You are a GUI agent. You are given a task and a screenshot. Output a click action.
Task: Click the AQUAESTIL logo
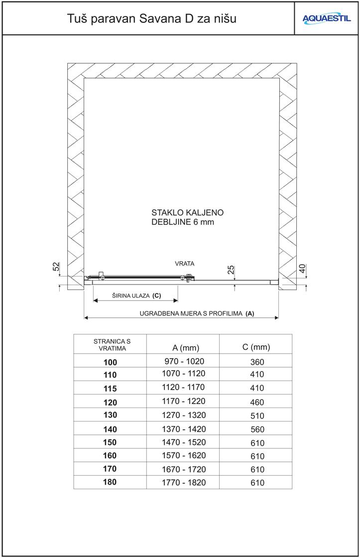click(327, 19)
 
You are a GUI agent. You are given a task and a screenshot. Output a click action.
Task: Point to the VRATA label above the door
click(184, 263)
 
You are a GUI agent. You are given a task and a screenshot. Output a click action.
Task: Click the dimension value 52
click(56, 267)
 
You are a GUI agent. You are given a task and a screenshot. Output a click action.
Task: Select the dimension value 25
click(231, 270)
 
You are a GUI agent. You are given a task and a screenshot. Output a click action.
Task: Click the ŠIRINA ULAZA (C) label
click(136, 295)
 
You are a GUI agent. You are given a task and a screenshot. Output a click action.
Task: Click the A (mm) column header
click(182, 347)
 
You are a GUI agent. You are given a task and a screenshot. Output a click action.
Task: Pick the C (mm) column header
click(256, 347)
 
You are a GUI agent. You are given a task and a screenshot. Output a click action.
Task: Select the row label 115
click(110, 388)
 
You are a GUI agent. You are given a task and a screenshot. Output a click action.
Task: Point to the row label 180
click(110, 482)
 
